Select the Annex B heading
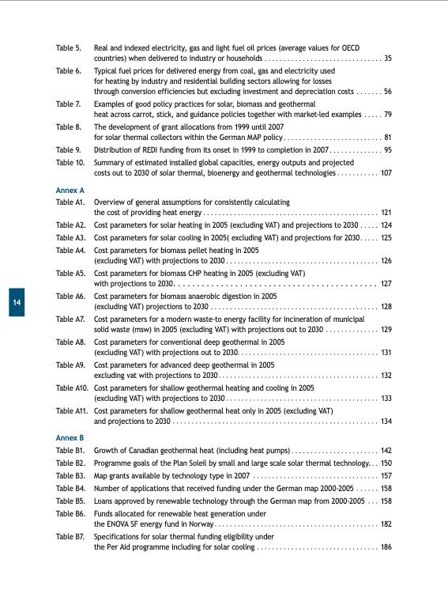69,437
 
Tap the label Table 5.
69,49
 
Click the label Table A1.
70,202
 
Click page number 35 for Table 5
388,59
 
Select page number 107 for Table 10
386,172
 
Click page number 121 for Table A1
386,213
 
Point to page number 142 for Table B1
386,449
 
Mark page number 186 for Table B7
386,546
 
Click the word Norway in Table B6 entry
200,524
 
